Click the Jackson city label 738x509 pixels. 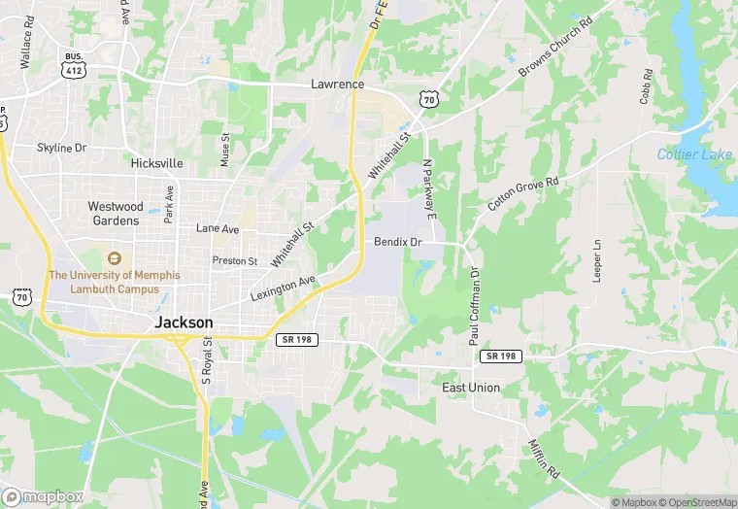184,324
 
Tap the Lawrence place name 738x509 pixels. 337,85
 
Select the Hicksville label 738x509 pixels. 157,164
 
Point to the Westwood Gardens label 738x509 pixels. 116,213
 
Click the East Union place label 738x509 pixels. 471,388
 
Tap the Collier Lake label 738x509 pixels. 694,154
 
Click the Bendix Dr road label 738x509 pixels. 398,241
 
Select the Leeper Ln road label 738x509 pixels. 597,260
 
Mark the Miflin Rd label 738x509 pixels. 539,458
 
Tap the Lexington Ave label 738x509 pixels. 283,288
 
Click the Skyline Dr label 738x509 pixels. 62,148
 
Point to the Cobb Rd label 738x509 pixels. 646,86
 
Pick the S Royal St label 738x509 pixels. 207,360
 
